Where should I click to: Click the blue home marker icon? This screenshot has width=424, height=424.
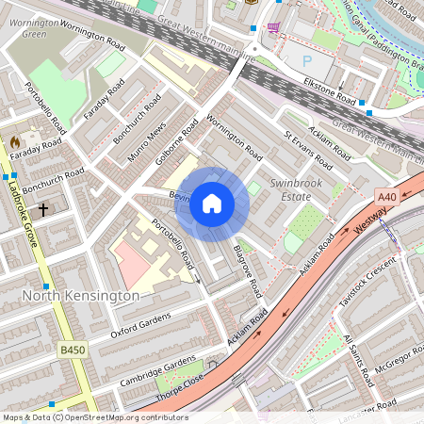tap(212, 203)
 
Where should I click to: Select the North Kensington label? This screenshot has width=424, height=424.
tap(80, 296)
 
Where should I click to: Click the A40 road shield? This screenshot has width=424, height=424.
tap(386, 197)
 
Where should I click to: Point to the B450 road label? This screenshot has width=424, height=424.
tap(72, 351)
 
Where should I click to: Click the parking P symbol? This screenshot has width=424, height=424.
tap(307, 60)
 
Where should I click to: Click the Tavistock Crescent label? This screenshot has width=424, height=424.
tap(368, 285)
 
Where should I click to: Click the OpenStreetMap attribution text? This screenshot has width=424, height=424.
tap(94, 417)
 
